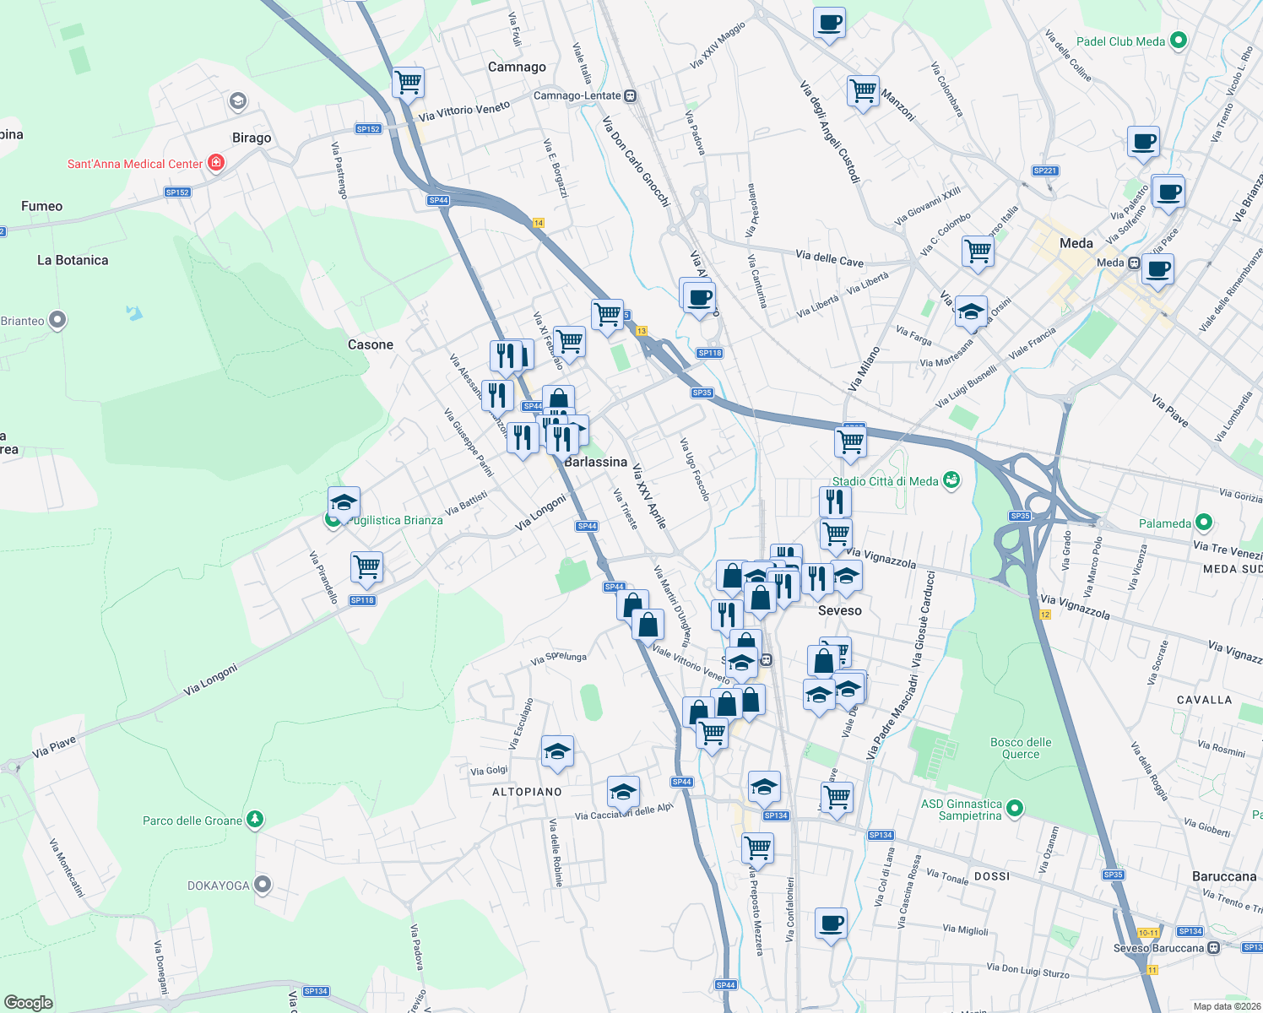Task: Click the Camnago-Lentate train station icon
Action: point(631,96)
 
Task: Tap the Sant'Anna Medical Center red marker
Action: point(216,163)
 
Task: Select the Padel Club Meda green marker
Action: point(1179,41)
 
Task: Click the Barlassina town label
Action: point(595,462)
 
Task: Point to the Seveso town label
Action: point(839,610)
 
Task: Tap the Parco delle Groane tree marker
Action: point(255,820)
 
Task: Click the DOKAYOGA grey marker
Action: point(263,885)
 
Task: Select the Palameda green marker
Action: point(1204,523)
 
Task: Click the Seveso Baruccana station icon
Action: point(1213,947)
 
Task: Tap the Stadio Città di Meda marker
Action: point(951,480)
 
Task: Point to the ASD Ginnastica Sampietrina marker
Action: point(1016,809)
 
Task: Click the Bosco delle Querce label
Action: point(1021,748)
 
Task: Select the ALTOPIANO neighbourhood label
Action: point(527,792)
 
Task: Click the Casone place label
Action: point(371,344)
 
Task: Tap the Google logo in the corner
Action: point(29,1002)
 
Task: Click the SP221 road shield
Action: point(1044,171)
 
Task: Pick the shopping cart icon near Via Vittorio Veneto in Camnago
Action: point(408,83)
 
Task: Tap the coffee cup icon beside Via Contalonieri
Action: point(831,923)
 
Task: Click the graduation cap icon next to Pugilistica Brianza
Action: point(344,503)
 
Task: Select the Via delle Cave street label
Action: point(829,258)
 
